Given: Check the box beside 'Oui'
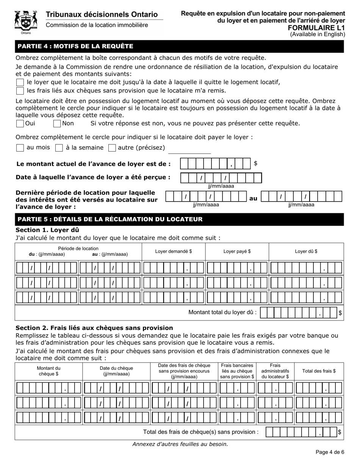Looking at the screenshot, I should [20, 124].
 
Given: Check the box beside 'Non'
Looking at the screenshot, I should [57, 124].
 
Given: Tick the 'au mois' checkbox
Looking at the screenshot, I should [20, 148].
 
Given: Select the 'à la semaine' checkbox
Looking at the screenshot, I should [59, 148].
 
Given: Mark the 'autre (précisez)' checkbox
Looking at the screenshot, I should [112, 148].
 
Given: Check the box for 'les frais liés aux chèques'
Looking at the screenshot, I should [20, 91].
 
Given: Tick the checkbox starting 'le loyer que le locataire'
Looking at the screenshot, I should [20, 82].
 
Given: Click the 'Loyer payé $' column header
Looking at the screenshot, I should [237, 251].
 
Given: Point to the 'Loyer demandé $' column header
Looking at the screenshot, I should [174, 251].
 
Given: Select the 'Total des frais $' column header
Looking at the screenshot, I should [319, 371].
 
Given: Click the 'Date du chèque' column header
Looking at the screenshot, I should [116, 371].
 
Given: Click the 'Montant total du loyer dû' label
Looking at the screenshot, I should [222, 313].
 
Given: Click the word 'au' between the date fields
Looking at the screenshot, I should [253, 198].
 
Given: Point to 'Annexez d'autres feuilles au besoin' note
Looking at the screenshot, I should [180, 444].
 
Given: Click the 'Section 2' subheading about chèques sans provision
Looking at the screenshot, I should [94, 328].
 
